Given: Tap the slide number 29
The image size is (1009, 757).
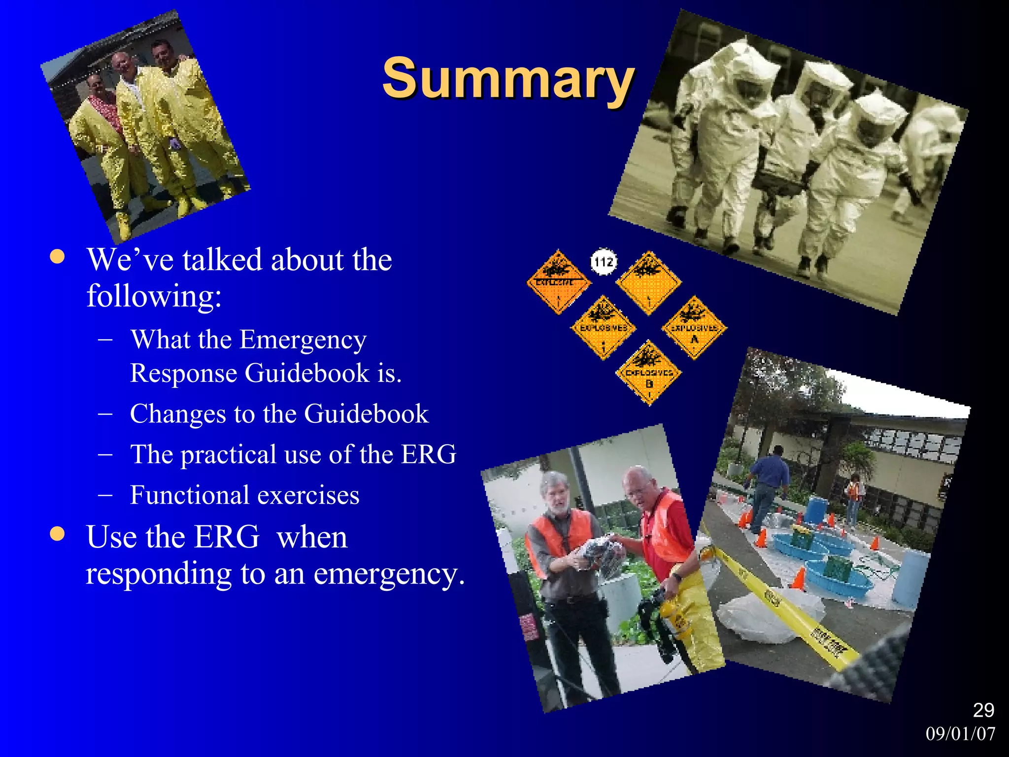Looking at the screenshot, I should coord(983,710).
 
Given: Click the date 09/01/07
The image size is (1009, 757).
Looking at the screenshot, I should coord(960,734).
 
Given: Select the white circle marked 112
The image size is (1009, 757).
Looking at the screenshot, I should coord(604,262).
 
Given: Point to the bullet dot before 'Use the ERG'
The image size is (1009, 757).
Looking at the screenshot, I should coord(58,534).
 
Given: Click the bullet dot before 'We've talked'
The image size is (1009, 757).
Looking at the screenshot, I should coord(58,257).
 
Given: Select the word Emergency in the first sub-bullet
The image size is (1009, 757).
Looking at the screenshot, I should coord(303,340).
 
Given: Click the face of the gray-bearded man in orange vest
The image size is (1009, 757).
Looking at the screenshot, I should coord(556,493).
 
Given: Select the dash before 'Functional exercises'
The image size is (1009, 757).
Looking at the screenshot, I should coord(105,495).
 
